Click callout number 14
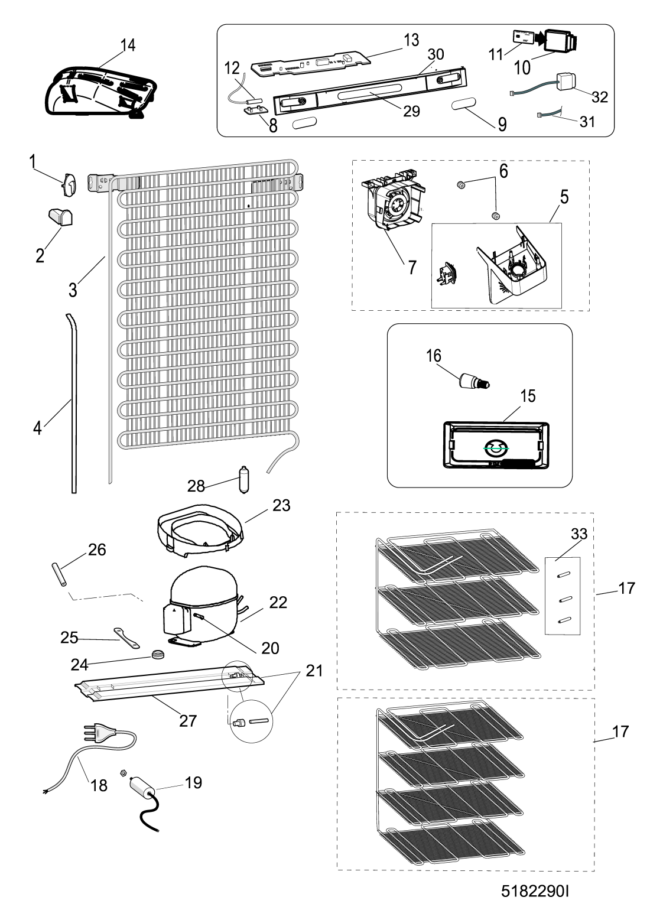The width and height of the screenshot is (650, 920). click(128, 45)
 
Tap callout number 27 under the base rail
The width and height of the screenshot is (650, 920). click(187, 720)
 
